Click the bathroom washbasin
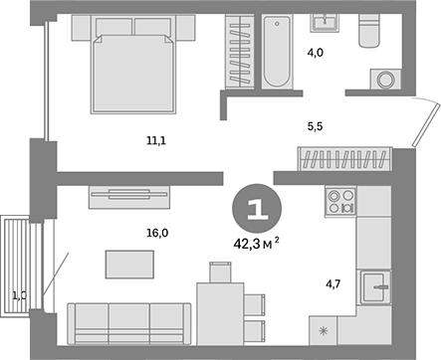tap(324, 24)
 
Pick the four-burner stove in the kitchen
tap(341, 202)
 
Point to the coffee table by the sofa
tap(129, 265)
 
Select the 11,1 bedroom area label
tap(155, 142)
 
